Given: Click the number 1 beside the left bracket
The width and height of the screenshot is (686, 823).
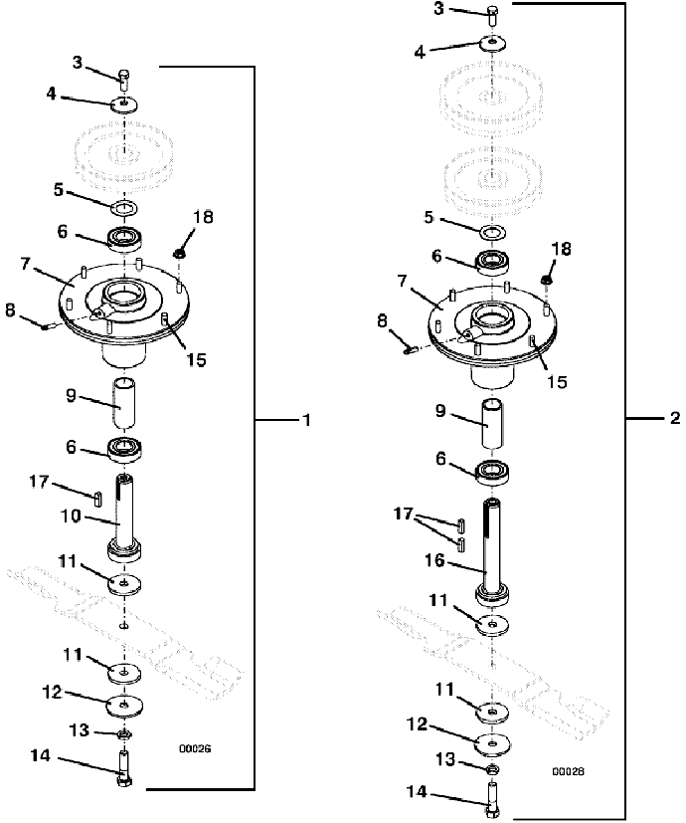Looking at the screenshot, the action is coord(307,420).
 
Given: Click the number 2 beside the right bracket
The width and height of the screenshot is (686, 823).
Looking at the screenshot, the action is coord(675,418).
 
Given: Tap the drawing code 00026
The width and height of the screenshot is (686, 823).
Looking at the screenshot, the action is coord(195,749).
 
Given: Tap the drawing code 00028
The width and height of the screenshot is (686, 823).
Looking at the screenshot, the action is coord(568,771).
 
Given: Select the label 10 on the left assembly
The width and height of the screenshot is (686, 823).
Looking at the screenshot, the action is coord(71,516).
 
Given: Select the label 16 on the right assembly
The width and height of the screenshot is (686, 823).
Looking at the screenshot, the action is coord(434,560).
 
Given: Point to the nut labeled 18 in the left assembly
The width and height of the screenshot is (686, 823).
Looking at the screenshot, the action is coord(179,254).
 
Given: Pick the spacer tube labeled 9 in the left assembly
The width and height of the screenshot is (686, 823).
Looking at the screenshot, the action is coord(123,401).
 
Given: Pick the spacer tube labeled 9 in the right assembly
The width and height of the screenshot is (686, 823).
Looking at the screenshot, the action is coord(492,423).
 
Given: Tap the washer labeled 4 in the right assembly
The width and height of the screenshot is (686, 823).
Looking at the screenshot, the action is coord(492,43).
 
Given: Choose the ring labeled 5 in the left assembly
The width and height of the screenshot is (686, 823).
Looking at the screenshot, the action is coord(124,208).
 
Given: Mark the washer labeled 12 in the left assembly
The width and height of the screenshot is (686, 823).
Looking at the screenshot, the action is coord(124,706).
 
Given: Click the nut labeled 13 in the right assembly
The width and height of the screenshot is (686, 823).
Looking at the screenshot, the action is coord(492,770).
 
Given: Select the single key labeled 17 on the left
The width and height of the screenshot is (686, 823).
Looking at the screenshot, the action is coord(98,499).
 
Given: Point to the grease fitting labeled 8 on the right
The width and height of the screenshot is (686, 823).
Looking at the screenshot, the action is coord(411,348).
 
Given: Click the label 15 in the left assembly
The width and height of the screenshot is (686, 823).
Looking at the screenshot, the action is coord(196,360).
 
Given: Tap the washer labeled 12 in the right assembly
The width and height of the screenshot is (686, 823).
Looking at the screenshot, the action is coord(492,743).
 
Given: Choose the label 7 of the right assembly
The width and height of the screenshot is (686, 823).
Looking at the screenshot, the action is coord(402,282).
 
